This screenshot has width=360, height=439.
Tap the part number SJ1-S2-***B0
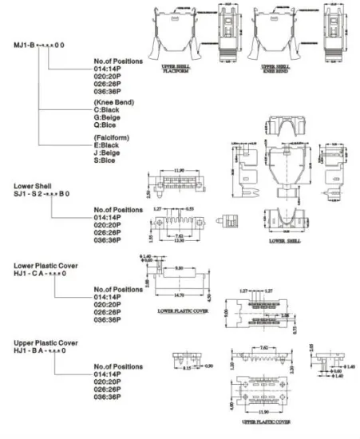coord(43,194)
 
